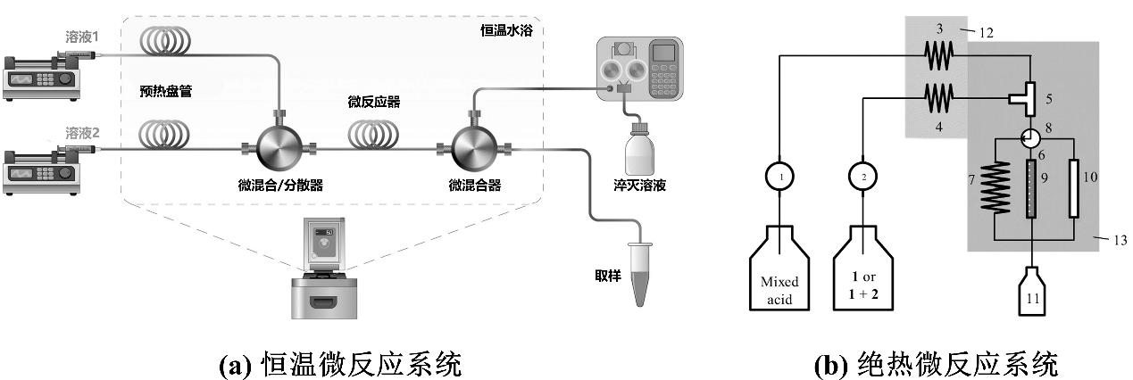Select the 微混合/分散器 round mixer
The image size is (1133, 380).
pos(277,148)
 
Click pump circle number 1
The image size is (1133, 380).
pos(780,177)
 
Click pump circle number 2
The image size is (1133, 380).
pos(863,177)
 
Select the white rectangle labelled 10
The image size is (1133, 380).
pos(1073,187)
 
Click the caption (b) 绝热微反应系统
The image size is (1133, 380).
pos(937,363)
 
